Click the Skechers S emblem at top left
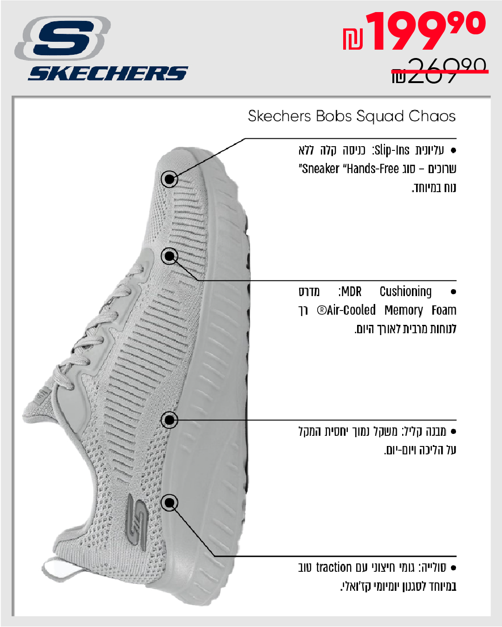tap(63, 38)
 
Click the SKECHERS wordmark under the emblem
tap(108, 73)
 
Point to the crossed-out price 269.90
tap(439, 71)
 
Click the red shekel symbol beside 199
tap(353, 39)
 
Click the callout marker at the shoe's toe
tap(170, 179)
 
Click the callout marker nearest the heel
tap(170, 503)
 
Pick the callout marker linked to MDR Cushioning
tap(170, 256)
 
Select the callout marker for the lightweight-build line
tap(170, 420)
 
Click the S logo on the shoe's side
tap(137, 518)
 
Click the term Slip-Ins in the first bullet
tap(392, 150)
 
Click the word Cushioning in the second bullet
tap(405, 291)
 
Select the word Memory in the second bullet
tap(404, 310)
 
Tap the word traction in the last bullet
tap(334, 568)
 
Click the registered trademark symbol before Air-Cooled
tap(321, 310)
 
